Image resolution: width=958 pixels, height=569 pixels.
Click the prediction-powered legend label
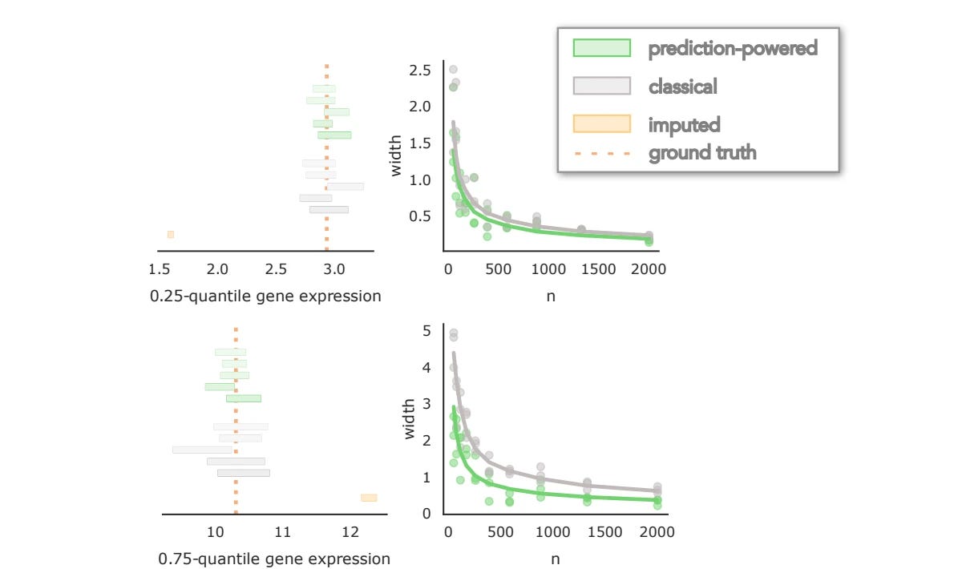tap(733, 48)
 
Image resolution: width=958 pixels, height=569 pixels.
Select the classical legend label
tap(682, 86)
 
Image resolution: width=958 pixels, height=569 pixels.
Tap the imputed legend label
tap(684, 124)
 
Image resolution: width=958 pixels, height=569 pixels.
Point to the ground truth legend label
tap(702, 152)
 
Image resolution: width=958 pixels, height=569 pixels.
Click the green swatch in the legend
tap(602, 48)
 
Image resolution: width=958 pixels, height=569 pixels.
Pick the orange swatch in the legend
tap(602, 123)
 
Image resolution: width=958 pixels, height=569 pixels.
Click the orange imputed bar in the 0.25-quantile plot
tap(171, 234)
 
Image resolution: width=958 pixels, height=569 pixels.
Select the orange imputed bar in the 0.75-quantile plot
tap(369, 498)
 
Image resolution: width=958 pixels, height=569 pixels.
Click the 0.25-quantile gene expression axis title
tap(265, 296)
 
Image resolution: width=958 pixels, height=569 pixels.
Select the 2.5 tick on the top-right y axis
tap(421, 71)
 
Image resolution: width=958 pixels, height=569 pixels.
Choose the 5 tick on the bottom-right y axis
tap(427, 331)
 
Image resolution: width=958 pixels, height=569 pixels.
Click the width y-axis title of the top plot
tap(395, 159)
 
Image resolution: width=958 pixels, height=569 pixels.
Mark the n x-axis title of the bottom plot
tap(555, 559)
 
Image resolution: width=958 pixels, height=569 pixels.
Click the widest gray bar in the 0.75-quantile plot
tap(202, 450)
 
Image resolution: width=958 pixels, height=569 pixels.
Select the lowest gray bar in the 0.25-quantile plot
tap(329, 209)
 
